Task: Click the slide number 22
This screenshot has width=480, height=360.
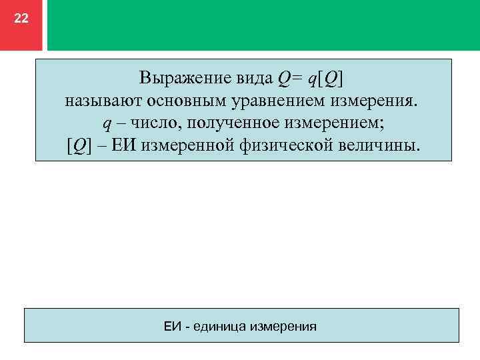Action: tap(21, 19)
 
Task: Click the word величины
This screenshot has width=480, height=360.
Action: tap(385, 145)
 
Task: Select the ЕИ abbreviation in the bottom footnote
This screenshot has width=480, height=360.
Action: tap(173, 327)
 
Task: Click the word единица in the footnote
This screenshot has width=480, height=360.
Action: tap(218, 327)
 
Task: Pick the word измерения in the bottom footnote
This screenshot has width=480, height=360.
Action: tap(282, 327)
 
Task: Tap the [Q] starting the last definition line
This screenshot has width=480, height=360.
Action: tap(79, 145)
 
